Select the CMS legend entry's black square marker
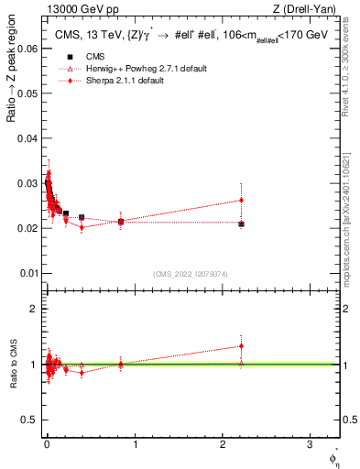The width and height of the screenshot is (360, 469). [69, 58]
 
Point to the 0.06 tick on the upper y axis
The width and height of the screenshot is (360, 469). [29, 49]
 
